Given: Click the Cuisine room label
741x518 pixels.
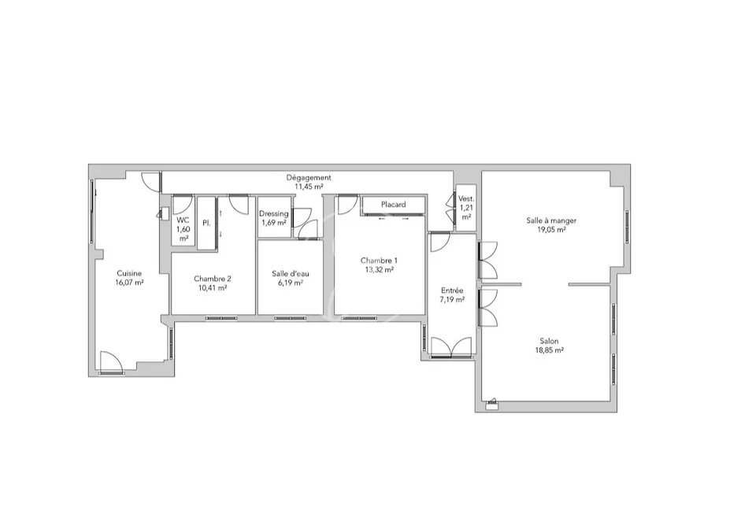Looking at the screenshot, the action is [x=129, y=273].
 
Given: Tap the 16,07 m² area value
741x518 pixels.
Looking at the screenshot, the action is [x=129, y=283].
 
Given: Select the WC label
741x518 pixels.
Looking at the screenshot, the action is [x=183, y=220].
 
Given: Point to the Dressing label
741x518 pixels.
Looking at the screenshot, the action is [x=273, y=213].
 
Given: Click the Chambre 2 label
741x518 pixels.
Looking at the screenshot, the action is [x=212, y=279].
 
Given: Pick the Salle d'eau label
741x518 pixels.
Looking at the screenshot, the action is [x=291, y=274].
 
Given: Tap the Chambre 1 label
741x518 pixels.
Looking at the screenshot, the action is [x=379, y=261].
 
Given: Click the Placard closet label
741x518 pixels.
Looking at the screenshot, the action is [x=394, y=205].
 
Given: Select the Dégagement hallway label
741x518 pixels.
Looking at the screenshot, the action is [x=309, y=178].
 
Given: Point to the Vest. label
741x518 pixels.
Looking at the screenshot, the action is [x=466, y=199].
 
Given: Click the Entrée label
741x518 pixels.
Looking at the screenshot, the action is [x=452, y=290].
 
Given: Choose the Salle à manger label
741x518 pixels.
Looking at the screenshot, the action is [x=551, y=220].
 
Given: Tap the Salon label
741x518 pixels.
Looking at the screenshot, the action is [x=549, y=341].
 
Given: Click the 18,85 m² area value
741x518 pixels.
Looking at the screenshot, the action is [x=549, y=350].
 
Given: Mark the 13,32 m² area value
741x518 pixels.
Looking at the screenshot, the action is [x=379, y=270].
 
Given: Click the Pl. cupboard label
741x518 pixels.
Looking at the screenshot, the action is [x=206, y=223].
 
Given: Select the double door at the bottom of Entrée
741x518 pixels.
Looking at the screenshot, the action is [x=452, y=347].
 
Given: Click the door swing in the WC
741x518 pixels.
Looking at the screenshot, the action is [x=181, y=204].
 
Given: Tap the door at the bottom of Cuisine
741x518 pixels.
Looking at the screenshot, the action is [x=112, y=361].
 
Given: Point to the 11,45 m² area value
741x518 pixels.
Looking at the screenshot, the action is [x=309, y=187].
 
